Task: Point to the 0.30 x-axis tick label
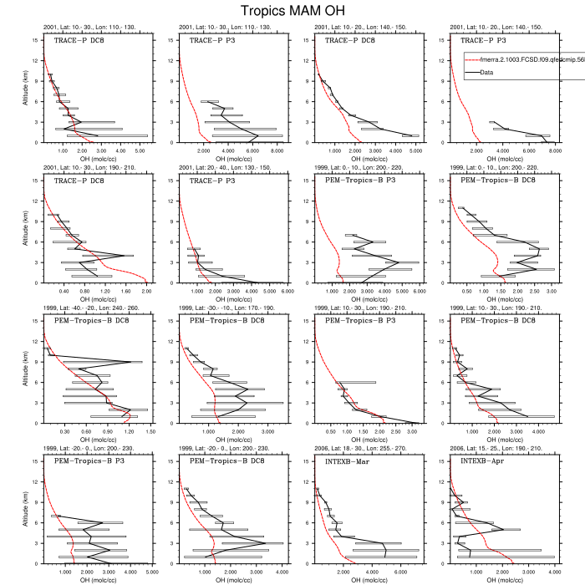point(64,432)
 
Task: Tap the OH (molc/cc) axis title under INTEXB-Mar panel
point(367,579)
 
